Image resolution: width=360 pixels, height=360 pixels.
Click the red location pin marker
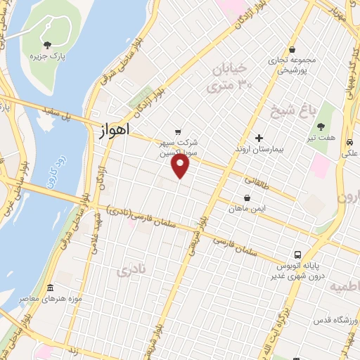[181, 166]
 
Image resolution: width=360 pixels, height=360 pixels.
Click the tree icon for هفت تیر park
[321, 127]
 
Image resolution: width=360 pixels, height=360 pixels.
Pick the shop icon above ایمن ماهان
[247, 199]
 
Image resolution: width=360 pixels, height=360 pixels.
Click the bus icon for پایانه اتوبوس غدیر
[297, 255]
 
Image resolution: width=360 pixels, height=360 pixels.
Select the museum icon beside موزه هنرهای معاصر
[50, 288]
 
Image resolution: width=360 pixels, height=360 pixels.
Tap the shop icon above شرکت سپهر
[177, 130]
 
